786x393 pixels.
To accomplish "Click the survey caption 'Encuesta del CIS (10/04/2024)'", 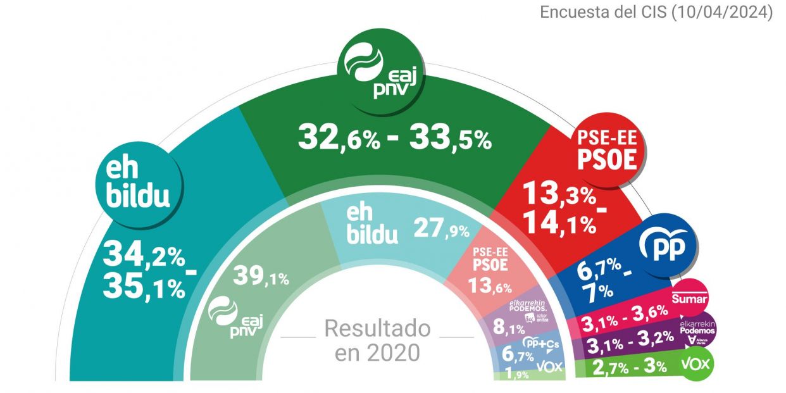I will (x=656, y=12).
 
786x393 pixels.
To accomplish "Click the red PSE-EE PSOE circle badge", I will (x=606, y=149).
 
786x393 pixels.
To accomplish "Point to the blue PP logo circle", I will (x=668, y=248).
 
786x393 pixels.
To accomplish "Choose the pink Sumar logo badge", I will (x=690, y=298).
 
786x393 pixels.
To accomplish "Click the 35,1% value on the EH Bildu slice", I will (x=144, y=287).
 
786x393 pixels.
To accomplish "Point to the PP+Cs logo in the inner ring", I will (x=540, y=343).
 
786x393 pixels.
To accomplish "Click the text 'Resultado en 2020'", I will (x=377, y=340).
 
